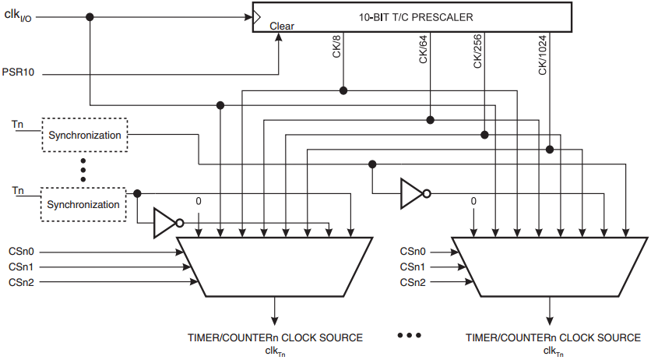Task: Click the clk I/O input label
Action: click(x=17, y=15)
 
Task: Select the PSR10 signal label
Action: click(x=18, y=72)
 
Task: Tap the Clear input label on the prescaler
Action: click(x=282, y=26)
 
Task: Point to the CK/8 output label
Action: click(x=336, y=46)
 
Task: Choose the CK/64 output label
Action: click(x=423, y=49)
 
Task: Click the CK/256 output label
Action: click(x=477, y=51)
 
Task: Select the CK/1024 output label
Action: click(x=543, y=55)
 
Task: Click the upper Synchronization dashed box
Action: click(x=85, y=135)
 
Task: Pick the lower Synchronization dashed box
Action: click(x=83, y=204)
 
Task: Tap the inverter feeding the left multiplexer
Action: click(x=168, y=223)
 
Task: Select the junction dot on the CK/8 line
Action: click(x=343, y=90)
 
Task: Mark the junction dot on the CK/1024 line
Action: click(x=550, y=150)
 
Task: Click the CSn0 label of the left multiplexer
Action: click(x=21, y=252)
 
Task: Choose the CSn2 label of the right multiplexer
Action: click(x=413, y=283)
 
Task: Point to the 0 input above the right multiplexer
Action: click(x=473, y=201)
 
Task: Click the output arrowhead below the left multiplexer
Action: click(x=274, y=320)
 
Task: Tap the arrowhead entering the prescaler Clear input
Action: click(x=279, y=37)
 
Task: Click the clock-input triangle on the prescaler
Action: click(x=257, y=17)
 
